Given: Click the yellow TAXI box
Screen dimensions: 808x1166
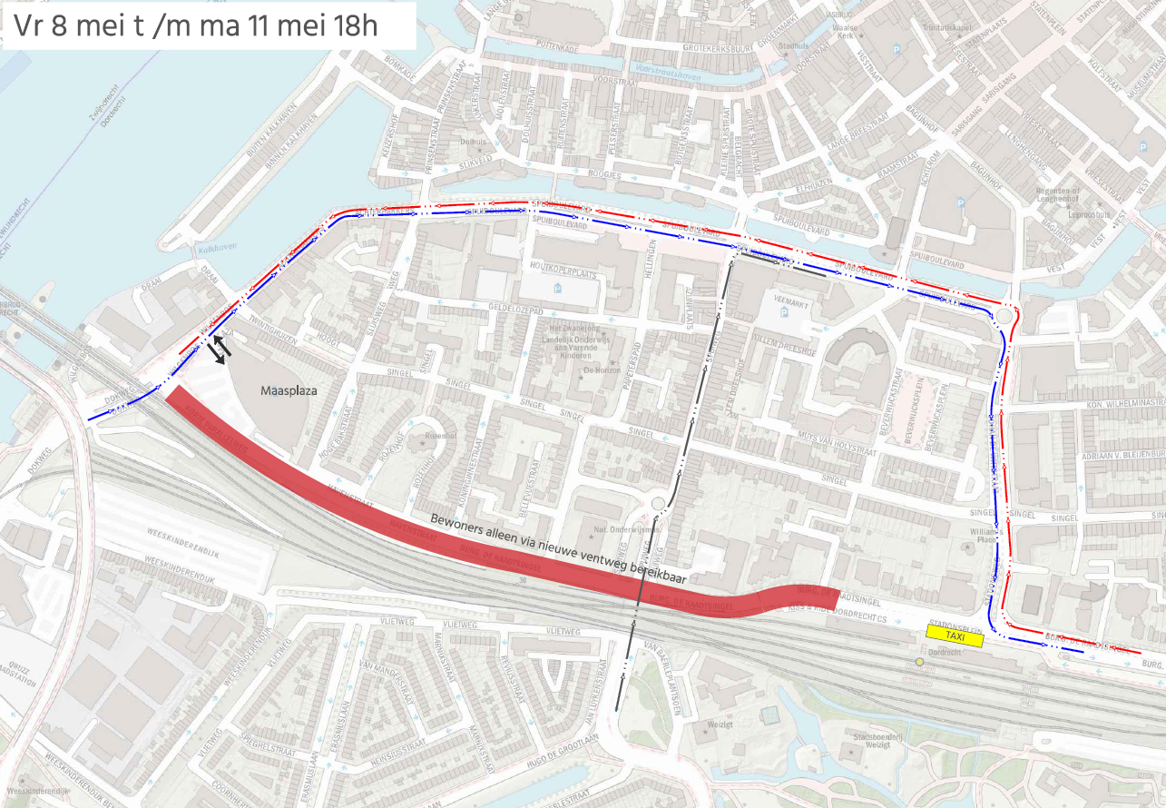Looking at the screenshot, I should (x=955, y=637).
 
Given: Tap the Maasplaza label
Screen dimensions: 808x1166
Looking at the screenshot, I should (x=289, y=392).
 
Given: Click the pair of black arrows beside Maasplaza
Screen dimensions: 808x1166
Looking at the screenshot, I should (x=219, y=350).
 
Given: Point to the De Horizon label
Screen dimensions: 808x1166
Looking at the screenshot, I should (x=601, y=370).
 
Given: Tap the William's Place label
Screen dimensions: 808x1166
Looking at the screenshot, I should (x=983, y=535).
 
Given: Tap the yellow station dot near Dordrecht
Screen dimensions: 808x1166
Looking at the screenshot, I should (x=919, y=662).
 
